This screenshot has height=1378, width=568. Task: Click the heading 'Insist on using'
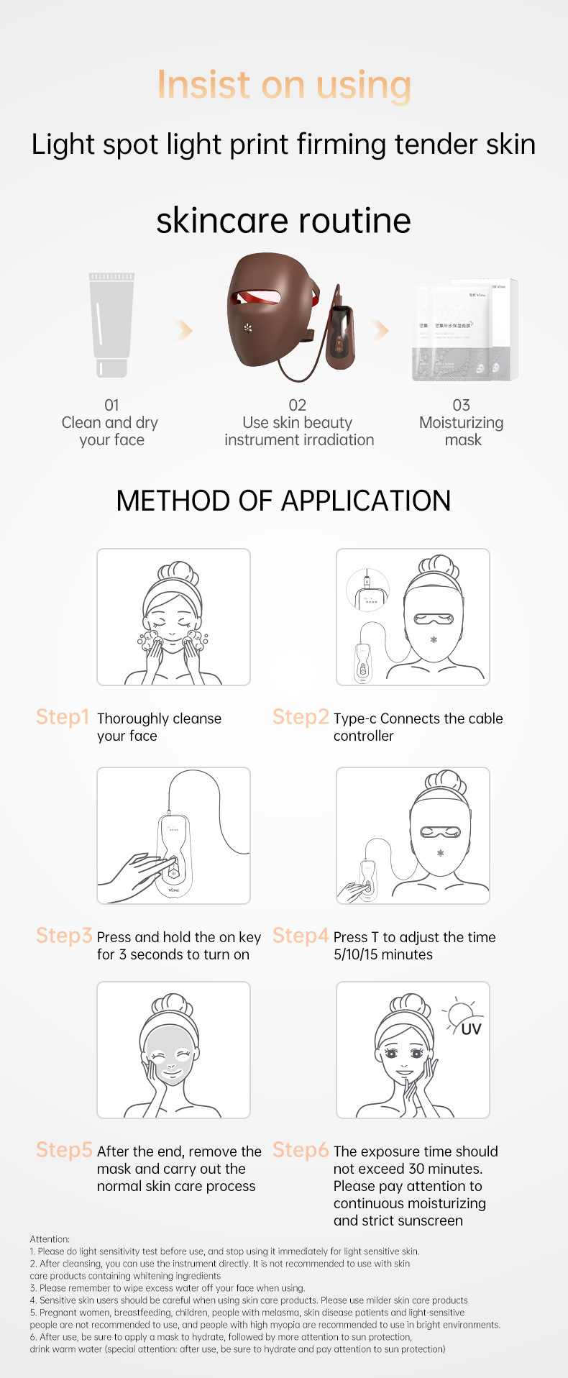[x=284, y=85]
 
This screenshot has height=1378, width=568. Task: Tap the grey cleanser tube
[x=111, y=325]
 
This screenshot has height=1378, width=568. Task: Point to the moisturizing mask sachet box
[x=465, y=330]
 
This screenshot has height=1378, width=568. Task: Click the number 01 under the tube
[x=111, y=405]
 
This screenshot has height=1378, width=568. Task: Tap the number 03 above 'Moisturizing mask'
[x=462, y=405]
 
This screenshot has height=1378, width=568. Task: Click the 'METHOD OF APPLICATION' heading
[x=283, y=501]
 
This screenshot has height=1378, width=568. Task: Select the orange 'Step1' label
[x=63, y=717]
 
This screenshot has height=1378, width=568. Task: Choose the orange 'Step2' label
[x=301, y=717]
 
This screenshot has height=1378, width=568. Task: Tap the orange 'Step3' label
[x=64, y=936]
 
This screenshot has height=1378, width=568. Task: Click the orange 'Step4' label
[x=301, y=936]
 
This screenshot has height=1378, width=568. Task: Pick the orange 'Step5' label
[x=64, y=1150]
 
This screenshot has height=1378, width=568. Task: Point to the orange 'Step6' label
[x=301, y=1150]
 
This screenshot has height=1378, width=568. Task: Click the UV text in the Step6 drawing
[x=471, y=1029]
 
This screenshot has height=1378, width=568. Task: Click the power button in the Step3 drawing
[x=173, y=873]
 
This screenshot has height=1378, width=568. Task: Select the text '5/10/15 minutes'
[x=383, y=954]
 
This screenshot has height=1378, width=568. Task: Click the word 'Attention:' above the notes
[x=50, y=1239]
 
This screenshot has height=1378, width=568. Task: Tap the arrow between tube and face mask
[x=185, y=330]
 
